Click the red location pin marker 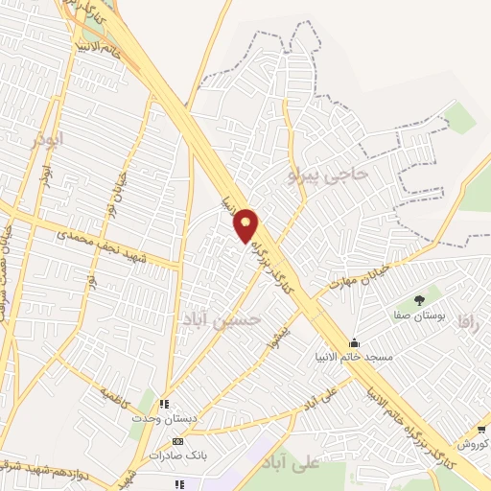(246, 225)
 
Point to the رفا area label (467, 321)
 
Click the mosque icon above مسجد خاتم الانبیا (355, 343)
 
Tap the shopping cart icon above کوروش (480, 432)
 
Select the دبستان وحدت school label (165, 419)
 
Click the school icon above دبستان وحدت (165, 405)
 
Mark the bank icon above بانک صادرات (176, 441)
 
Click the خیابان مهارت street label (361, 276)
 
